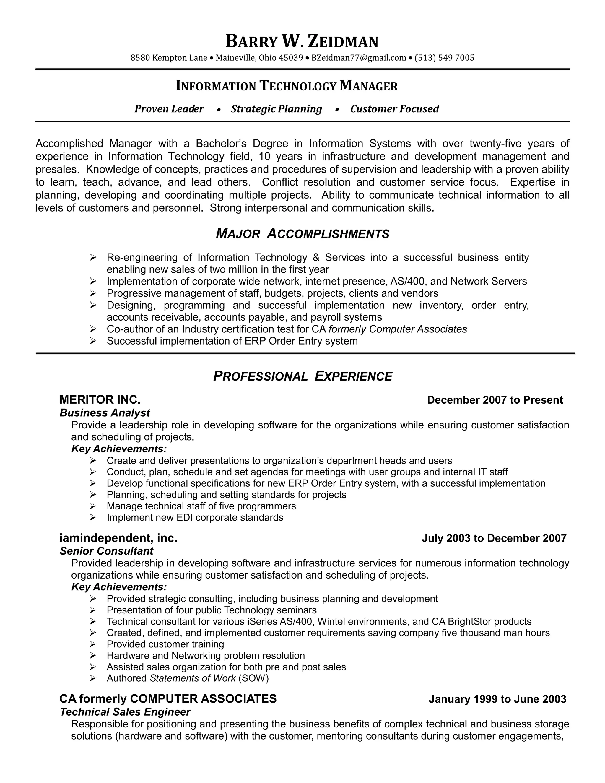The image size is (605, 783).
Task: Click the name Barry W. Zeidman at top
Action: click(x=302, y=41)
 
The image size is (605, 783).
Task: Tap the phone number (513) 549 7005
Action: click(x=444, y=58)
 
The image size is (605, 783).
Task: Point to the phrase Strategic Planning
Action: click(x=276, y=109)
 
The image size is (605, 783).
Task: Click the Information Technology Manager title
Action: click(x=287, y=86)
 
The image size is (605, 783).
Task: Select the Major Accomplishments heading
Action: click(x=302, y=234)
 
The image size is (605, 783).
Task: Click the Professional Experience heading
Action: click(x=302, y=376)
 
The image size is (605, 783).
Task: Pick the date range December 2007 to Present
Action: click(x=495, y=400)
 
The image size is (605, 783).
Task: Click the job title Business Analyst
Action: click(x=105, y=413)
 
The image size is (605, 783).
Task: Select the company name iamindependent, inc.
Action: click(x=118, y=538)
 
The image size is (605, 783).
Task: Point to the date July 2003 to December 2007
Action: click(x=494, y=538)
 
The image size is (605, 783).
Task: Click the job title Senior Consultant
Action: click(x=106, y=551)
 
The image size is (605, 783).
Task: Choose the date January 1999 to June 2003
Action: click(x=497, y=699)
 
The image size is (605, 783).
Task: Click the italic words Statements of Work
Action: click(x=193, y=678)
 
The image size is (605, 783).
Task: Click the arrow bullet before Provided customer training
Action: click(x=93, y=644)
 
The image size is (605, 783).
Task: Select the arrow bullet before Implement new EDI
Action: click(x=93, y=517)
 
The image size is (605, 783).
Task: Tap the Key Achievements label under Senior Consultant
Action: click(x=119, y=587)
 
